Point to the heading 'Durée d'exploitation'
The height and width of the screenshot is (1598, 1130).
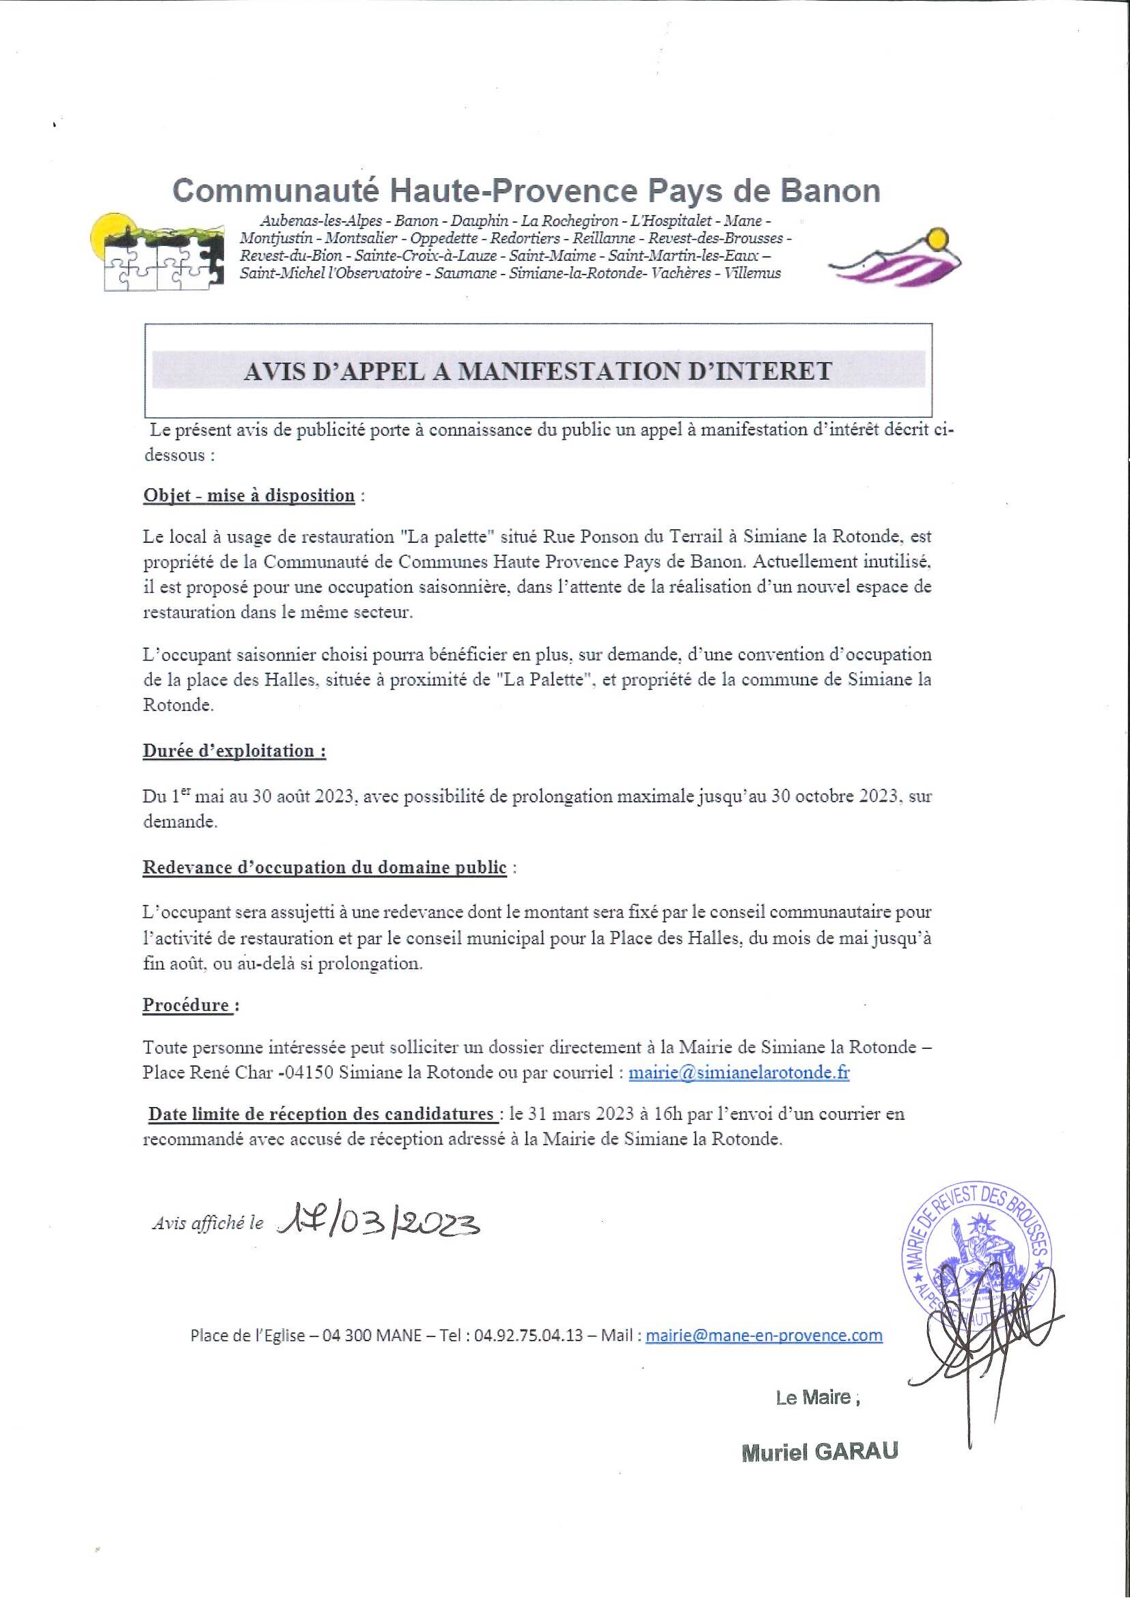tap(234, 751)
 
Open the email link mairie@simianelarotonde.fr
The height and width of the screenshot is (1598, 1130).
tap(739, 1073)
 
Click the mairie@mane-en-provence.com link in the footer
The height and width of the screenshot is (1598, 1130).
tap(764, 1336)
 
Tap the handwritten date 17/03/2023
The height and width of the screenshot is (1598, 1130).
tap(378, 1223)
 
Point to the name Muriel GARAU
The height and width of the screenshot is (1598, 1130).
tap(818, 1452)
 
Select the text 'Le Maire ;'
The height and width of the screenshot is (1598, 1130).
tap(818, 1397)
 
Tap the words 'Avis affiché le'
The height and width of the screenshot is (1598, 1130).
tap(208, 1224)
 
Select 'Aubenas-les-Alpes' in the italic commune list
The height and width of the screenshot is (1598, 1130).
tap(321, 221)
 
